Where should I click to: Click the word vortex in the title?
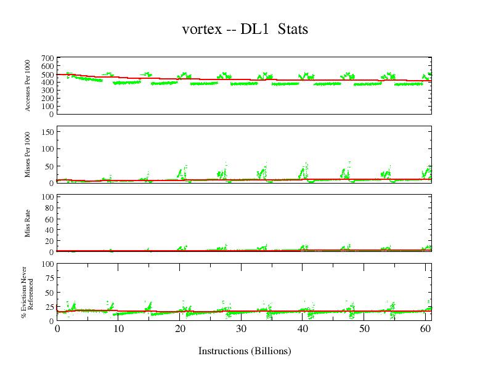click(201, 29)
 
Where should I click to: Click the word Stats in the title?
click(293, 29)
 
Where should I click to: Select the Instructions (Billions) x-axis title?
click(245, 351)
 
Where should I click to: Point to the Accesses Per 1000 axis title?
click(28, 86)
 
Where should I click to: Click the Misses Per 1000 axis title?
click(28, 155)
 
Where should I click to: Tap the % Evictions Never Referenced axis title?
click(27, 292)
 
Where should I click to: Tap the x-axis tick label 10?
click(118, 329)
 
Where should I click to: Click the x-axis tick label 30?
click(241, 329)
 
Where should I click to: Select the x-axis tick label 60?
click(425, 329)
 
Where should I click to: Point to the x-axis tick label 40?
click(303, 329)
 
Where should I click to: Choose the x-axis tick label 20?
click(180, 329)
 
